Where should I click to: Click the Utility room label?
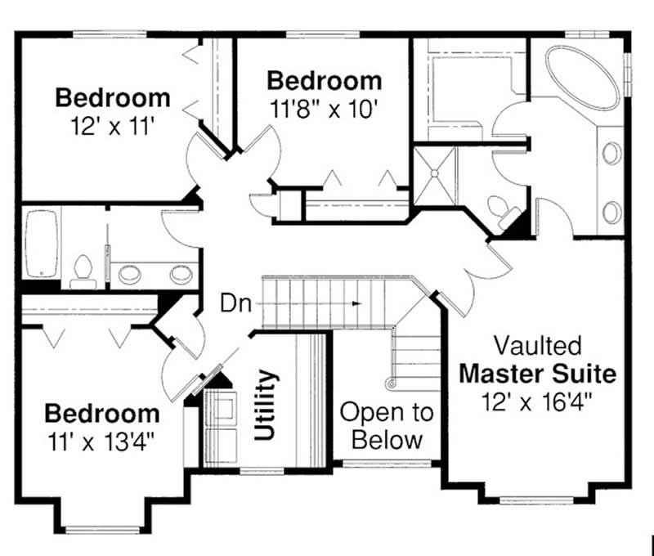(267, 406)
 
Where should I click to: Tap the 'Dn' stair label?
(235, 303)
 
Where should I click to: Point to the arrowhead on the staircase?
(356, 303)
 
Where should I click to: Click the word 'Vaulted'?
(536, 345)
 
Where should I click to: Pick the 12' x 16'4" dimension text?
(536, 401)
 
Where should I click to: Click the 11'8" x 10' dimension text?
(325, 109)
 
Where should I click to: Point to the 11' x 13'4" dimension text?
(101, 441)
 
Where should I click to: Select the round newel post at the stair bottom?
(392, 382)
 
